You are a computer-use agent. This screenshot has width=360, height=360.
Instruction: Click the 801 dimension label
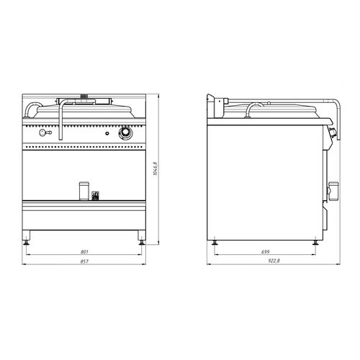click(x=84, y=252)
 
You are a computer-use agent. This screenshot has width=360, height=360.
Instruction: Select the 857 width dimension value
click(x=84, y=261)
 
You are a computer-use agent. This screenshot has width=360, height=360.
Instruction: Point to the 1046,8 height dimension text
click(x=156, y=169)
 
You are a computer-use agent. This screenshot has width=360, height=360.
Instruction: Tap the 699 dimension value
click(x=266, y=252)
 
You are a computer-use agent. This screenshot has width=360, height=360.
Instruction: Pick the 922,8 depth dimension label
click(x=274, y=261)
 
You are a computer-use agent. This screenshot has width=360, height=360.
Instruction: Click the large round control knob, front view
click(x=125, y=133)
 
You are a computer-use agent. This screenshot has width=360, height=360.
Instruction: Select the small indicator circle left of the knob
click(x=107, y=133)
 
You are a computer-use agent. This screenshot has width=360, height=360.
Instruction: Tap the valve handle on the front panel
click(x=45, y=132)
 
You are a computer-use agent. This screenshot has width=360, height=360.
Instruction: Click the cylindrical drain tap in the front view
click(x=84, y=191)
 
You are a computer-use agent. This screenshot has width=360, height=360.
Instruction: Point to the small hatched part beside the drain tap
click(x=95, y=196)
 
